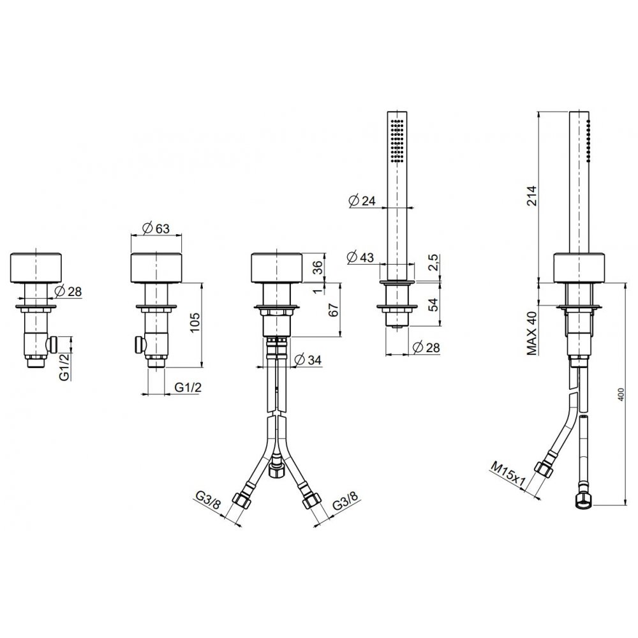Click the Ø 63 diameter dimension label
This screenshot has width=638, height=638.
pyautogui.click(x=156, y=228)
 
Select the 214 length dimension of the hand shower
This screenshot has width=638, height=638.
pyautogui.click(x=532, y=196)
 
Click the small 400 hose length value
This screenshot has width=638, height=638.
pyautogui.click(x=620, y=394)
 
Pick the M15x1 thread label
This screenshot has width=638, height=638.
pyautogui.click(x=508, y=475)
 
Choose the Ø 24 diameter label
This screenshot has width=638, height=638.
pyautogui.click(x=362, y=200)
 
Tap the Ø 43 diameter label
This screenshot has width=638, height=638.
pyautogui.click(x=361, y=257)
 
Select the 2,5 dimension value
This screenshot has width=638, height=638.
pyautogui.click(x=434, y=262)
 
